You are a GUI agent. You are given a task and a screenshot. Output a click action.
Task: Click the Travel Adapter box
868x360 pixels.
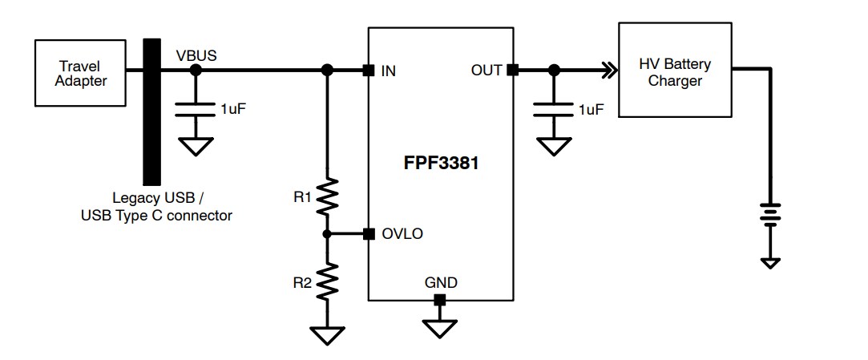80,73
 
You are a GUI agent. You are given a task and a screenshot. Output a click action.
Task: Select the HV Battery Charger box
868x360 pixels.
675,71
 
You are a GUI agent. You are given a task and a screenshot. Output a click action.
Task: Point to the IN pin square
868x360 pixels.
368,71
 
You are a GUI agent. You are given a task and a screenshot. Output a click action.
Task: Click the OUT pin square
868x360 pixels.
513,71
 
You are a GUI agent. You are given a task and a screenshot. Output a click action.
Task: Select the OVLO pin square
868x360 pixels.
368,234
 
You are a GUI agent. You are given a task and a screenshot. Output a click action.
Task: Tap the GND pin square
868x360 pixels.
439,300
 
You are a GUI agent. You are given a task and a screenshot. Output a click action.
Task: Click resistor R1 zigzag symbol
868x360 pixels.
327,197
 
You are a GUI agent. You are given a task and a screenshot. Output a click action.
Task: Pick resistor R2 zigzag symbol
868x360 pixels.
327,281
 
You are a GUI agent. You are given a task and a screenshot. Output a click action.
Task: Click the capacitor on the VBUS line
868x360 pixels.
195,109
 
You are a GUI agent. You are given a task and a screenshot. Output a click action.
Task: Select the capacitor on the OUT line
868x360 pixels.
551,109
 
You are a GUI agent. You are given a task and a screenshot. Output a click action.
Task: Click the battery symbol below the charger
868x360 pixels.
769,214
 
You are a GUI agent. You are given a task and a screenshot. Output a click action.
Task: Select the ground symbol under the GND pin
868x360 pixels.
439,328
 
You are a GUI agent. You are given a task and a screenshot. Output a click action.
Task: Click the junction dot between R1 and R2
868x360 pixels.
327,234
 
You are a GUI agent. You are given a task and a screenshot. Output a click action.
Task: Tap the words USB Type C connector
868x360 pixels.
156,215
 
